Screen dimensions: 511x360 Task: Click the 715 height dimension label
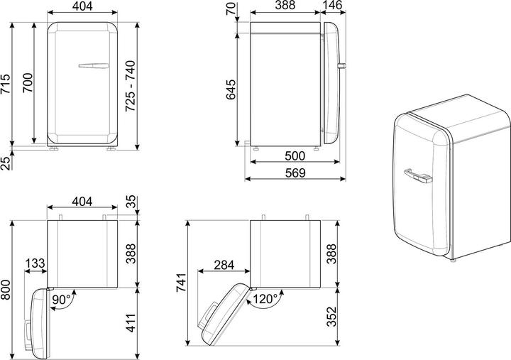click(x=6, y=84)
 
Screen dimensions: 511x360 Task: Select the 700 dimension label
click(x=28, y=83)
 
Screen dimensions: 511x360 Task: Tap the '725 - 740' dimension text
click(x=131, y=86)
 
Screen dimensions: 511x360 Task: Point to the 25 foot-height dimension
click(x=6, y=163)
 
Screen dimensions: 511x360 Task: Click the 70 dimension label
click(x=231, y=9)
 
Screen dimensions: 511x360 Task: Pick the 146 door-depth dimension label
click(x=333, y=5)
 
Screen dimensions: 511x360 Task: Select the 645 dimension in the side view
click(x=231, y=89)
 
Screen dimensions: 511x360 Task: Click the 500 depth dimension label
click(x=295, y=156)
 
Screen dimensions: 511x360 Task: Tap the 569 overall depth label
click(x=295, y=173)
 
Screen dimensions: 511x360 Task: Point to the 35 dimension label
click(x=131, y=202)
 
